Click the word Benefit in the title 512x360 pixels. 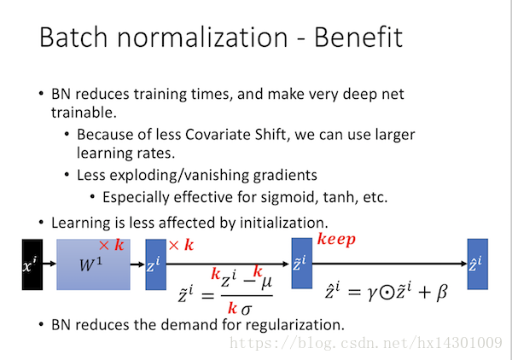(x=358, y=37)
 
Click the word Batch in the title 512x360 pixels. (x=73, y=37)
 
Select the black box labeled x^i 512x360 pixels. (x=32, y=264)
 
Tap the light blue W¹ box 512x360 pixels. (x=93, y=264)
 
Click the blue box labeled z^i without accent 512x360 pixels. (x=155, y=264)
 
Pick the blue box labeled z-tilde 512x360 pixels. (x=302, y=264)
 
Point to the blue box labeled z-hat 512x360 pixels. (x=478, y=264)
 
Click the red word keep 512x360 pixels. (x=336, y=241)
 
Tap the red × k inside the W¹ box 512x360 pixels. (x=111, y=245)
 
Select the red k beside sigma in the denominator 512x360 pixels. (x=232, y=308)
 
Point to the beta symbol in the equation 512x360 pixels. (x=441, y=292)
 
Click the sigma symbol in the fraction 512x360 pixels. (x=247, y=309)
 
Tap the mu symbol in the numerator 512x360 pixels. (x=266, y=282)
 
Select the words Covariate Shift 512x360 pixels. (x=236, y=135)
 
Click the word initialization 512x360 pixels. (x=284, y=223)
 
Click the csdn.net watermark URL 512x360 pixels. (x=366, y=343)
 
